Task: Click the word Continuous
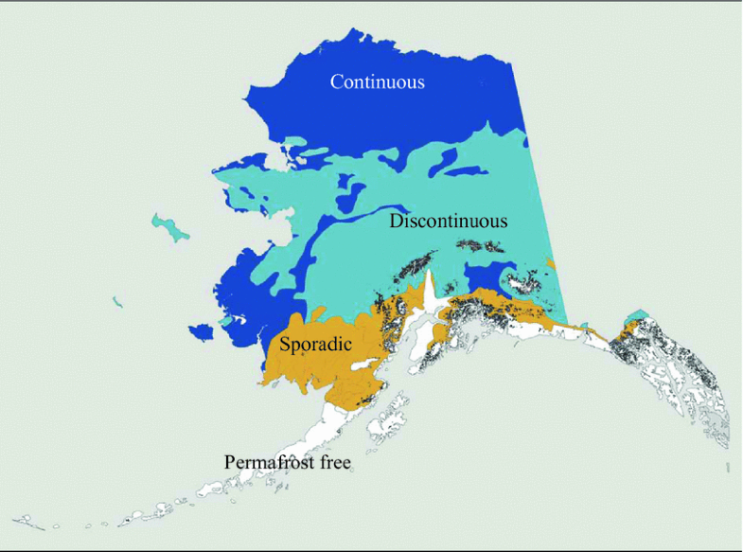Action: pyautogui.click(x=377, y=81)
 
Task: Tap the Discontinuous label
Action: pyautogui.click(x=449, y=222)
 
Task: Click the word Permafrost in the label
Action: pyautogui.click(x=270, y=463)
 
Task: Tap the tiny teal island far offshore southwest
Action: pyautogui.click(x=116, y=303)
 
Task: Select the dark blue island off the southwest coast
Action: pyautogui.click(x=203, y=331)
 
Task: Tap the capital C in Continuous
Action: pyautogui.click(x=336, y=81)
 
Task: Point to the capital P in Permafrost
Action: pyautogui.click(x=229, y=463)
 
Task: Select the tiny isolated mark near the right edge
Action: pyautogui.click(x=727, y=468)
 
